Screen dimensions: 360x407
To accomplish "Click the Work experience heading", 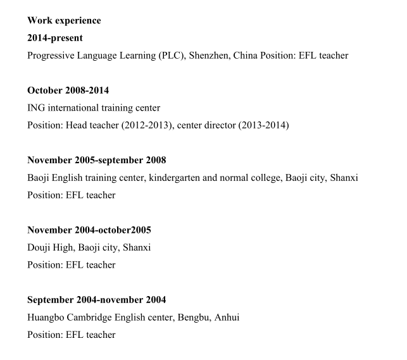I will coord(64,21).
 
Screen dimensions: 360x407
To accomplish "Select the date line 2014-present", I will coord(55,38).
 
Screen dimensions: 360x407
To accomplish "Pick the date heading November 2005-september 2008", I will coord(97,160).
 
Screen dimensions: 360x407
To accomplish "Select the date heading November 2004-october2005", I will coord(89,230).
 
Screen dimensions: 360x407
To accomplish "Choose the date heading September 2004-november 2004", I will coord(96,299).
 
